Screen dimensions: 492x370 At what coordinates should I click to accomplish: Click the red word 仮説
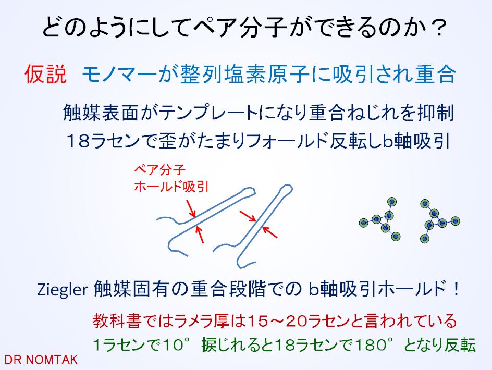[x=46, y=74]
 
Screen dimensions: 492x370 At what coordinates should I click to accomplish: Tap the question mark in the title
[x=437, y=28]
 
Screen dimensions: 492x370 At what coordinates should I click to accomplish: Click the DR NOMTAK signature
[x=41, y=360]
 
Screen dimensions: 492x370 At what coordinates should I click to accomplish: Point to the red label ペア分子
[x=159, y=170]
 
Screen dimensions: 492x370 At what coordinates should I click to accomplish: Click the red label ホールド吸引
[x=171, y=187]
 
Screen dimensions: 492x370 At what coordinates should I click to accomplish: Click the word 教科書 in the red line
[x=116, y=321]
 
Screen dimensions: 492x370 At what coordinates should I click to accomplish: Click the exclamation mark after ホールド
[x=456, y=289]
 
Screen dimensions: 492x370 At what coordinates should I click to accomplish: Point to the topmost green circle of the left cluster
[x=391, y=202]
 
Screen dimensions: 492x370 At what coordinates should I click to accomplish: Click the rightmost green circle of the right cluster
[x=455, y=221]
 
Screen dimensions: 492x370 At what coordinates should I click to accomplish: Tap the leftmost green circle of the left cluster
[x=364, y=223]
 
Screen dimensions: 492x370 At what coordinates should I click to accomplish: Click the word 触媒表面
[x=101, y=113]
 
